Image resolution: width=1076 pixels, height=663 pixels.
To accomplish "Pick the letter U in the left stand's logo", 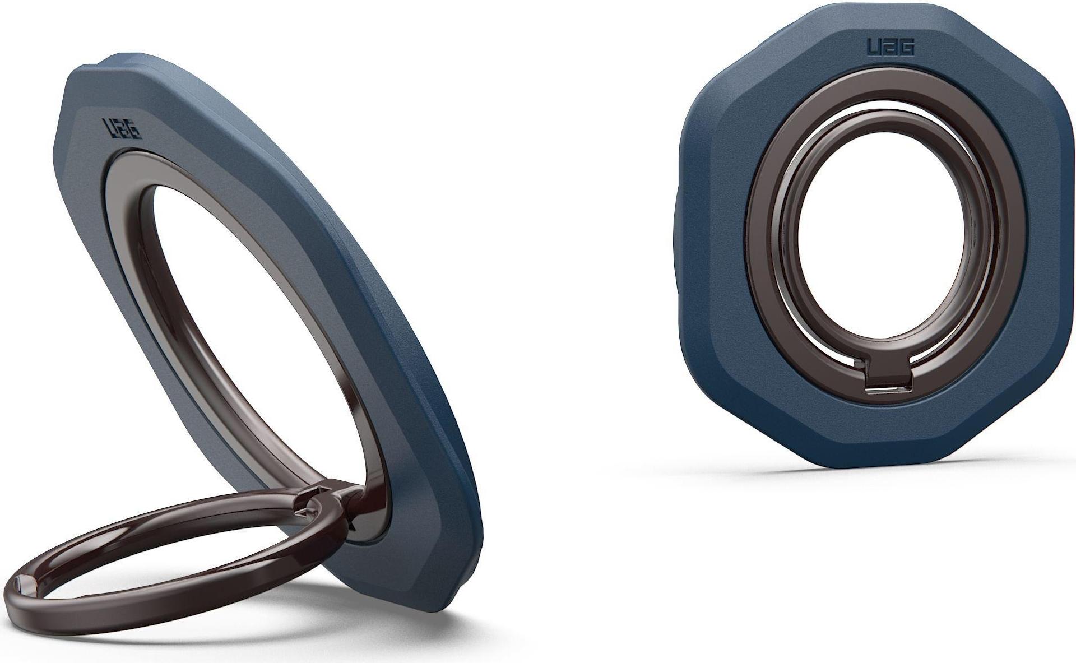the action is [108, 126].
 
